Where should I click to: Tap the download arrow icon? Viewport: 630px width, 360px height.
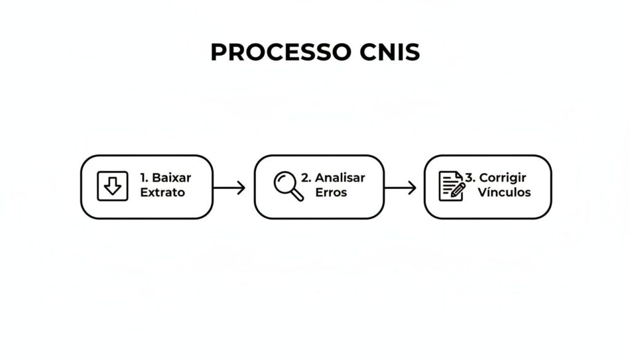tap(113, 186)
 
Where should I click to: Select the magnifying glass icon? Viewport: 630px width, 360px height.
tap(288, 186)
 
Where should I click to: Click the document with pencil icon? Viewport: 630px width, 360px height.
tap(451, 186)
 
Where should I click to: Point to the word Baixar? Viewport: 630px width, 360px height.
tap(172, 178)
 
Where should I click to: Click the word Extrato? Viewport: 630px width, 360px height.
tap(162, 193)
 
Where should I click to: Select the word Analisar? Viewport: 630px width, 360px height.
tap(340, 178)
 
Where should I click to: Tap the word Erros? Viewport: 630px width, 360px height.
tap(331, 193)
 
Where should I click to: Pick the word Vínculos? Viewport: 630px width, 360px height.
tap(504, 193)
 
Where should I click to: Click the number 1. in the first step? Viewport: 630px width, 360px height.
tap(145, 178)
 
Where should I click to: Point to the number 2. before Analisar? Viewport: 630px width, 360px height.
tap(306, 178)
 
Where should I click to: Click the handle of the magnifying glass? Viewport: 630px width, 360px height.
tap(298, 195)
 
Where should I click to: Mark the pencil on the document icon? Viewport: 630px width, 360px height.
tap(458, 190)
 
